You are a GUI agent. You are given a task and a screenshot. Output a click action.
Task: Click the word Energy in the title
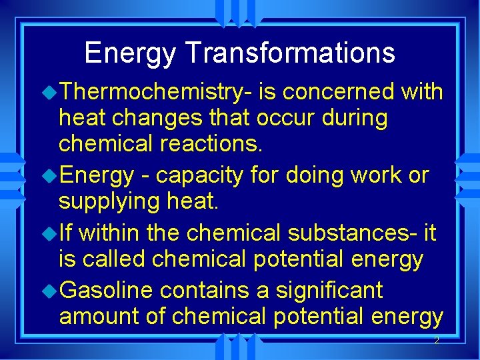(x=122, y=53)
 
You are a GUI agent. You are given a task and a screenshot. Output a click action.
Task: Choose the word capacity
(x=195, y=175)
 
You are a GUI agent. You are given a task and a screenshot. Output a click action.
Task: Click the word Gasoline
(x=107, y=291)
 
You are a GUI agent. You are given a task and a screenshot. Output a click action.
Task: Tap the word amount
(x=97, y=316)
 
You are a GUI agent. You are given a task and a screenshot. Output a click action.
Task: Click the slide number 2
(x=436, y=341)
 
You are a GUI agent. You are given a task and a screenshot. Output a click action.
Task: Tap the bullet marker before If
(x=52, y=233)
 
